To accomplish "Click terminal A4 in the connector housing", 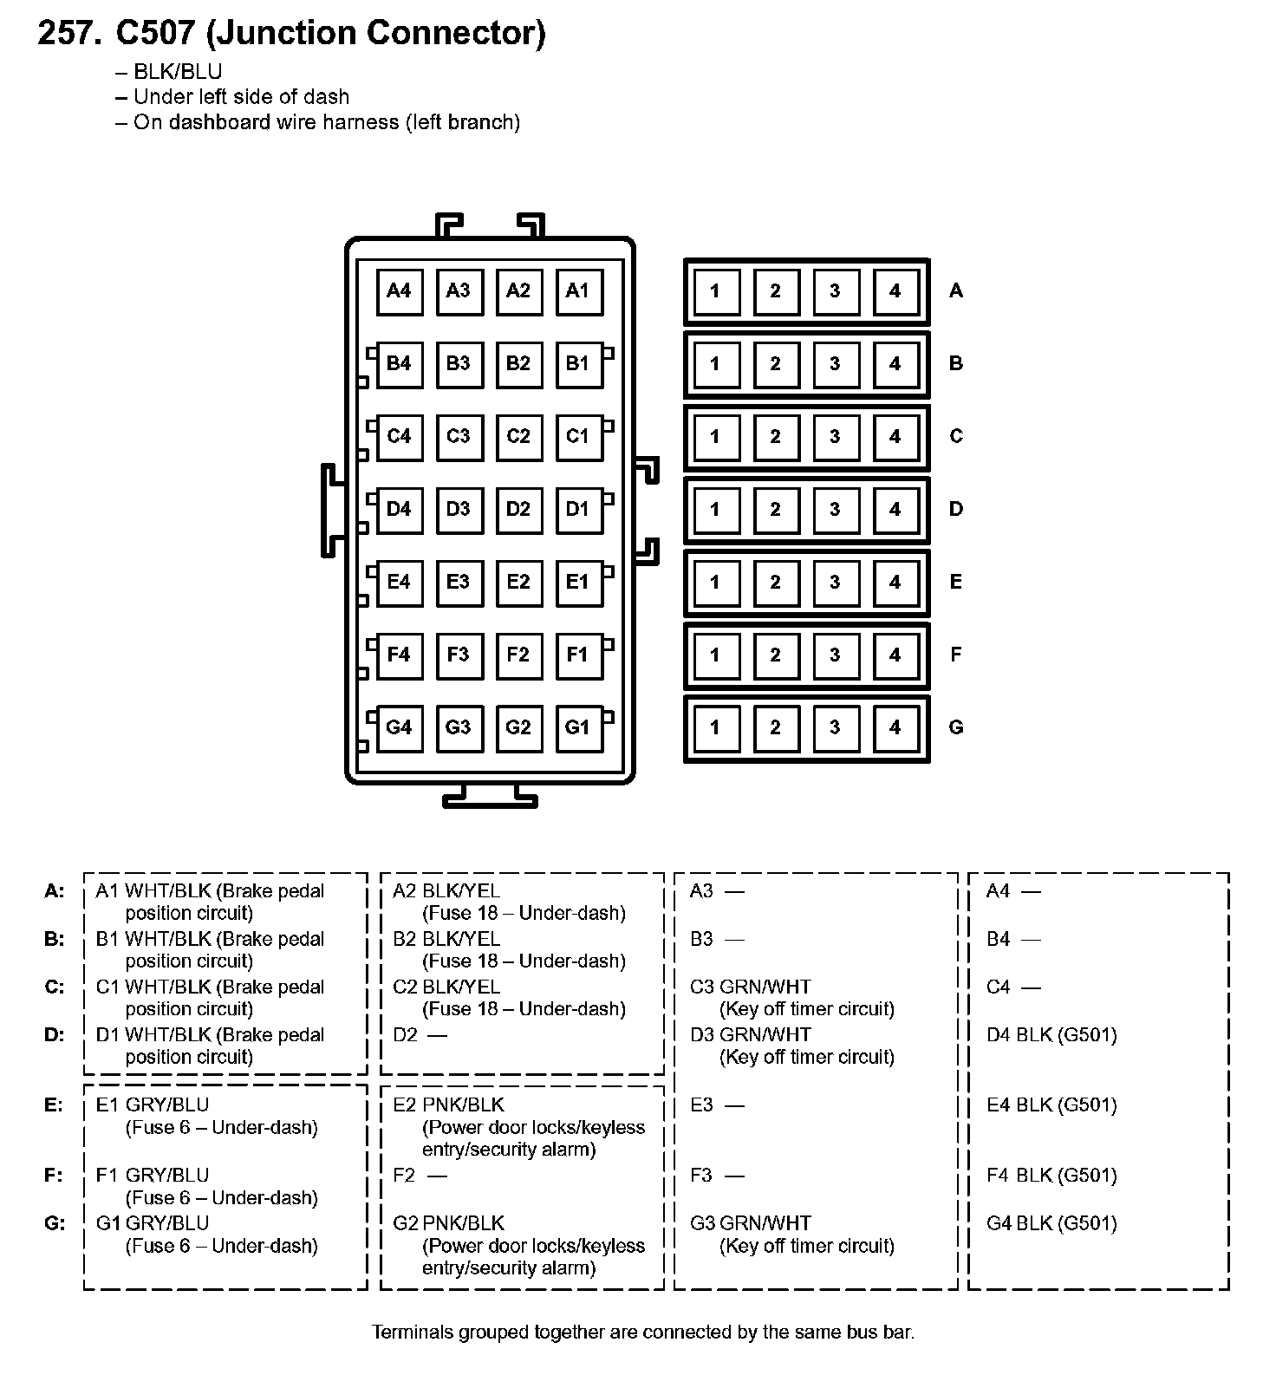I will (x=399, y=291).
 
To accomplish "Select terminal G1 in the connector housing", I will (x=577, y=727).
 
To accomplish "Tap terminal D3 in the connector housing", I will (x=458, y=509).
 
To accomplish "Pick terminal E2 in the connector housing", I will (x=518, y=582).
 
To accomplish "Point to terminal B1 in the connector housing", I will (x=577, y=364).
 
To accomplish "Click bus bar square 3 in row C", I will (x=835, y=437).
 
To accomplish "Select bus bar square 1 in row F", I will (x=715, y=655).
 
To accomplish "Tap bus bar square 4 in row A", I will (x=895, y=291).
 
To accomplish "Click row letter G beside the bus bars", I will (x=956, y=727).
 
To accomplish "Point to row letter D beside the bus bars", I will (x=956, y=509).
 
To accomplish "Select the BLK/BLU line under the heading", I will (x=178, y=72).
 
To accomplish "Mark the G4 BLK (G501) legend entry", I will (x=1051, y=1223).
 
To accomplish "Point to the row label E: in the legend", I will (x=54, y=1105).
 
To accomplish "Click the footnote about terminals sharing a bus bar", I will (x=643, y=1332).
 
